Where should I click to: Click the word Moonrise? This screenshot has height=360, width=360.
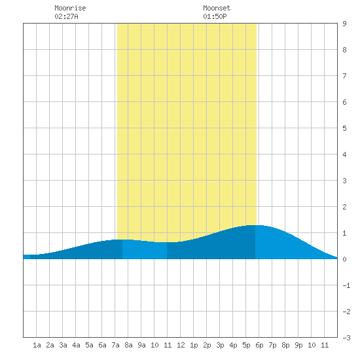tap(70, 8)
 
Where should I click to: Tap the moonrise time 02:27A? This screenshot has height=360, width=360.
tap(66, 16)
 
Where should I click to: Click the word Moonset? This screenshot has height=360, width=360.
tap(217, 8)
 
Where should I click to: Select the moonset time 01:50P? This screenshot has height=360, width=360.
tap(215, 16)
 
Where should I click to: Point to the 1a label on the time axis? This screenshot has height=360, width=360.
tap(37, 345)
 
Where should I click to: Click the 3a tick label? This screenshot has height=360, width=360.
tap(63, 345)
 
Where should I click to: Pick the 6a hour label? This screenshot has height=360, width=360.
tap(102, 345)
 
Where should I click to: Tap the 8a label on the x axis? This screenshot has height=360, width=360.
tap(128, 345)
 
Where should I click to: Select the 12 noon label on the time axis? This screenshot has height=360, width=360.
tap(181, 345)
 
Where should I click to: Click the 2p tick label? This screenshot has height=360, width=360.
tap(207, 345)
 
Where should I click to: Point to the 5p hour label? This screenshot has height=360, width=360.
tap(246, 345)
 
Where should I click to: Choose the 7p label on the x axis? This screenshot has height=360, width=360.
tap(272, 345)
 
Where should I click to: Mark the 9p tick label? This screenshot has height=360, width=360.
tap(298, 345)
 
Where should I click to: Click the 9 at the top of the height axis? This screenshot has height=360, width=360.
tap(344, 24)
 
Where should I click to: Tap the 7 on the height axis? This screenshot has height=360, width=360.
tap(344, 76)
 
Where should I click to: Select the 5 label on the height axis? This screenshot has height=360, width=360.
tap(344, 128)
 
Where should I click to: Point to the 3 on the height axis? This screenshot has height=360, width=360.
tap(344, 181)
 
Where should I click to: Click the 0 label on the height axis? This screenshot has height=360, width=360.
tap(344, 259)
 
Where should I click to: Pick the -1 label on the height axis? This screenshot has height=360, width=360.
tap(346, 285)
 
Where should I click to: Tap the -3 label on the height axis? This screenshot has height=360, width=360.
tap(346, 338)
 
